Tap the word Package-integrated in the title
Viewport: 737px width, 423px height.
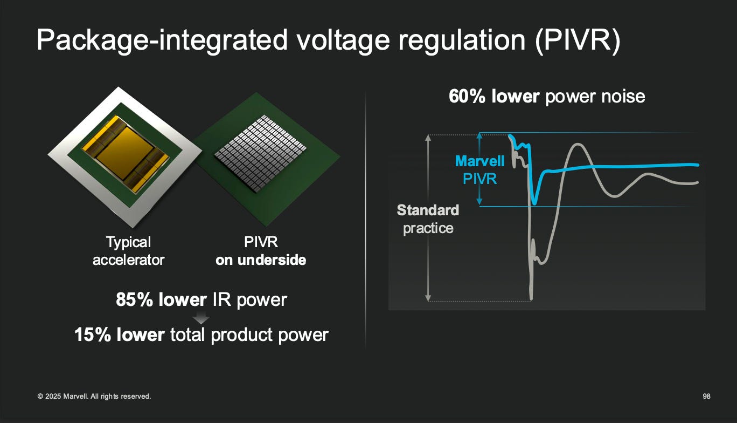[162, 40]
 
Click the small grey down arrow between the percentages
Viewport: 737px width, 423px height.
[201, 318]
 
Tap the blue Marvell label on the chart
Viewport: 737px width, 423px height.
[479, 161]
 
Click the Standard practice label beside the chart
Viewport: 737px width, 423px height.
[428, 219]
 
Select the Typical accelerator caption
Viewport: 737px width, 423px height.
[128, 250]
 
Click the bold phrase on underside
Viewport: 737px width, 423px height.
[261, 260]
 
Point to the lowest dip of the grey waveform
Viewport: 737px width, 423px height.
[531, 297]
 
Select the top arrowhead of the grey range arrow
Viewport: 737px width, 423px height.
[428, 138]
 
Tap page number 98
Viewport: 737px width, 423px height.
[706, 397]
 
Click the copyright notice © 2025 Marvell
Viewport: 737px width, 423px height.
[94, 397]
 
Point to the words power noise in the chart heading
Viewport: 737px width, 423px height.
[595, 97]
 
